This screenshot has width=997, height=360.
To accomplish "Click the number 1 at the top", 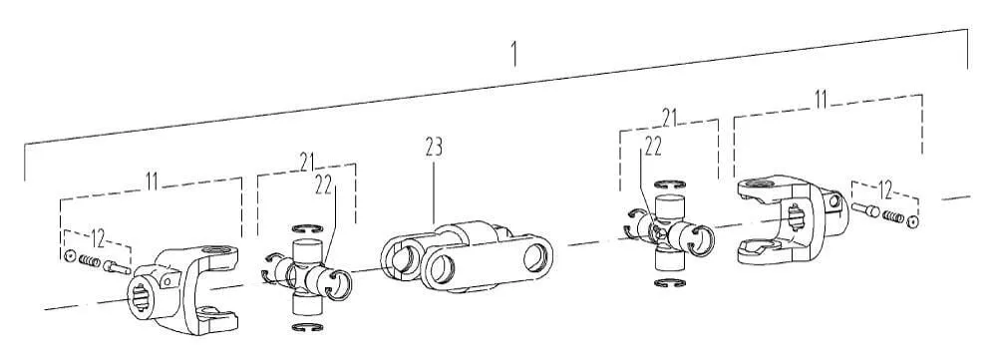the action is tap(513, 55).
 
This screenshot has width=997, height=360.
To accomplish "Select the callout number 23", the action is tap(434, 148).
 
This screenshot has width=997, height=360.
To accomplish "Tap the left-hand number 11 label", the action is tap(152, 180).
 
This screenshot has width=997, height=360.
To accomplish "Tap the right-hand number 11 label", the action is tap(821, 99).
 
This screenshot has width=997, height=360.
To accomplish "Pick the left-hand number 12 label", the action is tap(98, 239).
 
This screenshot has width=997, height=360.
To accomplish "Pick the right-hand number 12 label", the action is tap(884, 189).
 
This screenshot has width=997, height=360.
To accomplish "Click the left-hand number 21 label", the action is tap(308, 162).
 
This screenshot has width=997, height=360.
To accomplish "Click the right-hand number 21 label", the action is tap(670, 117).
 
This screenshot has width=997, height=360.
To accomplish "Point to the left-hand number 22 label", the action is tap(324, 184).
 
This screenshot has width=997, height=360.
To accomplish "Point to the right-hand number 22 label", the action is tap(653, 147).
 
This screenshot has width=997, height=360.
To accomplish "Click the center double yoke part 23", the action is tap(466, 257).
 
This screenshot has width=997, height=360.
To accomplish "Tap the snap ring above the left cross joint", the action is tap(307, 228).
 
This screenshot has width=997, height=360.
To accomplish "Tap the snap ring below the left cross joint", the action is tap(307, 327).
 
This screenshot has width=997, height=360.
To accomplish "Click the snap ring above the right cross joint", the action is tap(670, 184).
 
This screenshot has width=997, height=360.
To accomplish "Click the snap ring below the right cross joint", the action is tap(670, 283).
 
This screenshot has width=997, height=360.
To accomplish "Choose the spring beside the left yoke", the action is tap(90, 261).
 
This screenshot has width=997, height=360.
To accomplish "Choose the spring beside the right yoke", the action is tap(892, 217).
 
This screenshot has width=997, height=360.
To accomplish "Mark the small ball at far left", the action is tap(69, 257).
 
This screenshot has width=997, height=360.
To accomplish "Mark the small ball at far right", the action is tap(912, 222).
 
